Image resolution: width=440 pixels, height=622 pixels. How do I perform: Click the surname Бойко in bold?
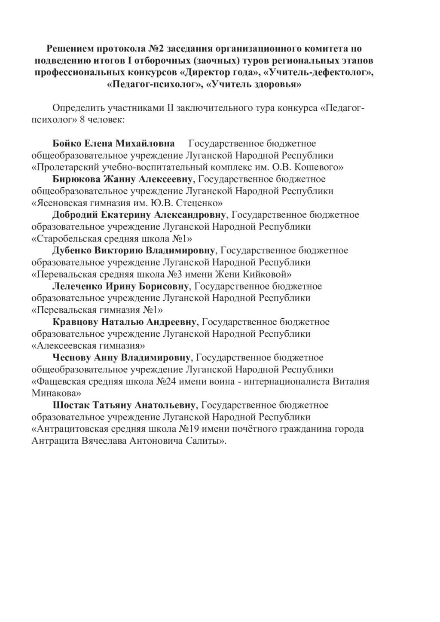point(66,143)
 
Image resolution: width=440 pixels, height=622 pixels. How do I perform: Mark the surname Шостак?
point(70,405)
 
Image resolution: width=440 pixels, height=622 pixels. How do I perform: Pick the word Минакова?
point(56,393)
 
